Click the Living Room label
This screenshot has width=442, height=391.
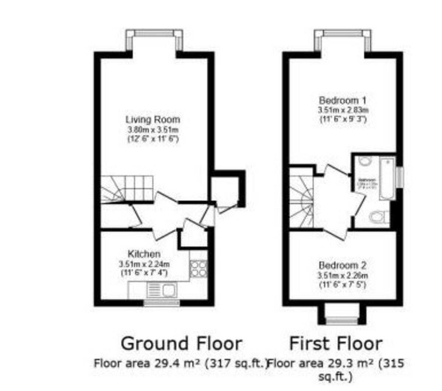tap(153, 120)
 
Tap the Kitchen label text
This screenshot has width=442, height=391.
tap(144, 254)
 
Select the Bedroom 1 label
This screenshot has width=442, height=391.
tap(343, 100)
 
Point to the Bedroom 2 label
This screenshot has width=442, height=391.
tap(343, 266)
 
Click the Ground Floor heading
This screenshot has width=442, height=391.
tap(181, 344)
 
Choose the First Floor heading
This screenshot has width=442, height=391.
tap(336, 344)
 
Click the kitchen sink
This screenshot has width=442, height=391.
tap(162, 290)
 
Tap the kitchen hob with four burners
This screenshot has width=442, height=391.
tap(198, 268)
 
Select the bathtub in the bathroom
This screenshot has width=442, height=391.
tap(387, 179)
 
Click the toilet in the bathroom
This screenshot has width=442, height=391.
tap(378, 217)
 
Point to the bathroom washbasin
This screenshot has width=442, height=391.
tap(365, 161)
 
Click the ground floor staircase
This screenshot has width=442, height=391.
tap(127, 188)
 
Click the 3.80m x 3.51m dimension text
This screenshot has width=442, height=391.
tap(153, 130)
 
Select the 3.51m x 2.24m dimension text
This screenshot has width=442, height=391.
tap(144, 264)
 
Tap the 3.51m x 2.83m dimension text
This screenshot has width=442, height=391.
tap(343, 110)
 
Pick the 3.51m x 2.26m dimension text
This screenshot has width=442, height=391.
tap(343, 276)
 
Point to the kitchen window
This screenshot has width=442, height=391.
tap(161, 303)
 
